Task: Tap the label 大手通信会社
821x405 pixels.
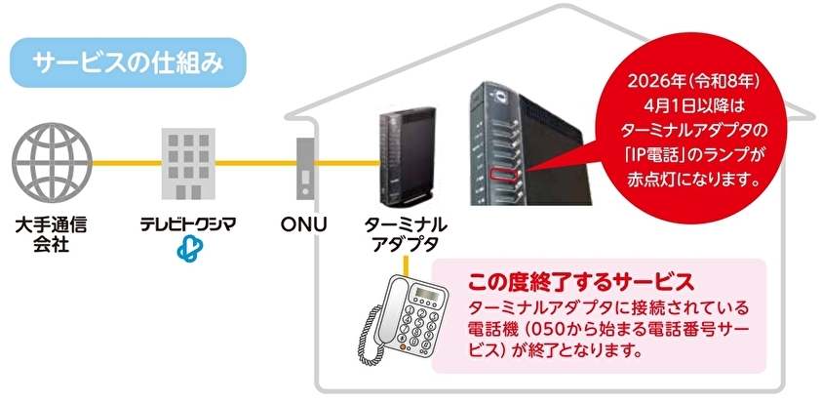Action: click(52, 233)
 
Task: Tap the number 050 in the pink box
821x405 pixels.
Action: click(564, 329)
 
